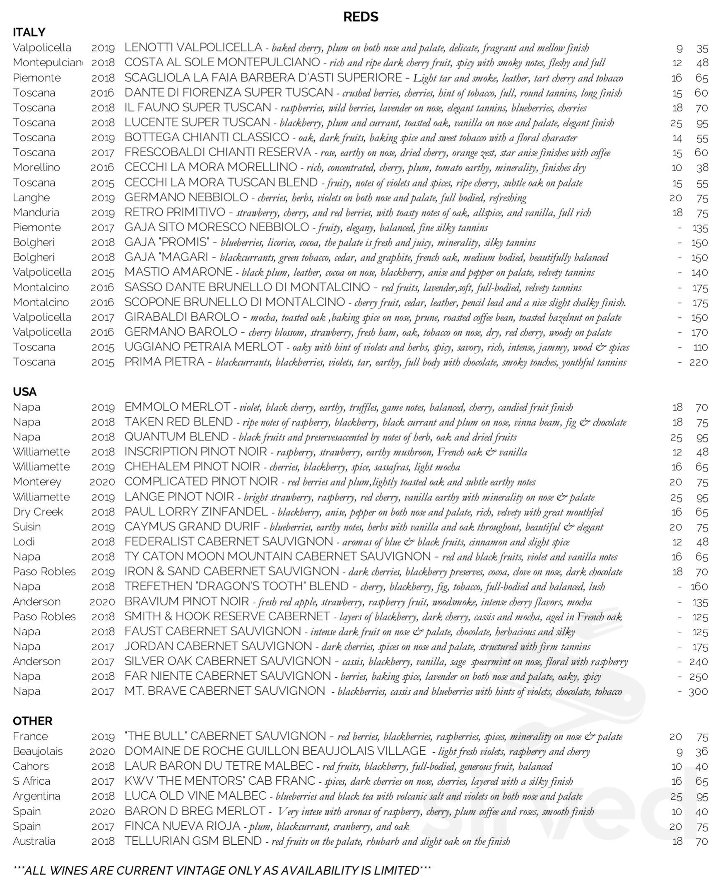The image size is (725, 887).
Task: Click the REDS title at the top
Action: coord(360,17)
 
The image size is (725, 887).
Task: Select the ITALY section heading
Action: coord(29,32)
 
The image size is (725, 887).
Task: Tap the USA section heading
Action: coord(25,392)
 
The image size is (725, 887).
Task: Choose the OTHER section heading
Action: coord(33,721)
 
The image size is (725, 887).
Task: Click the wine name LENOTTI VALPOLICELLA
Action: coord(193,48)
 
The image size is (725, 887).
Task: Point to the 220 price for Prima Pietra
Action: coord(698,362)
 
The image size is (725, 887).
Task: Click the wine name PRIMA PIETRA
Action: coord(164,362)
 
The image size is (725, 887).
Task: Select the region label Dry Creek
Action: coord(38,512)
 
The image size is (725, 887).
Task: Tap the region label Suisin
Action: coord(27,527)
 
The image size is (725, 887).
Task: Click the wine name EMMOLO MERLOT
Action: coord(177,407)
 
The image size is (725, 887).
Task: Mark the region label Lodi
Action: coord(23,542)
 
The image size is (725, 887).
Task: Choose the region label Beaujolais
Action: coord(38,751)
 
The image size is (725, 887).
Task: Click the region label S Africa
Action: coord(31,781)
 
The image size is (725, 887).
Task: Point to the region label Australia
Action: coord(34,841)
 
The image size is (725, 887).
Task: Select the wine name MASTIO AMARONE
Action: coord(178,272)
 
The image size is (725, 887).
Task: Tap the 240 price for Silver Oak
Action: coord(698,661)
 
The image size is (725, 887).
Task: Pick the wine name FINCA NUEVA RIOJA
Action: coord(182,826)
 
